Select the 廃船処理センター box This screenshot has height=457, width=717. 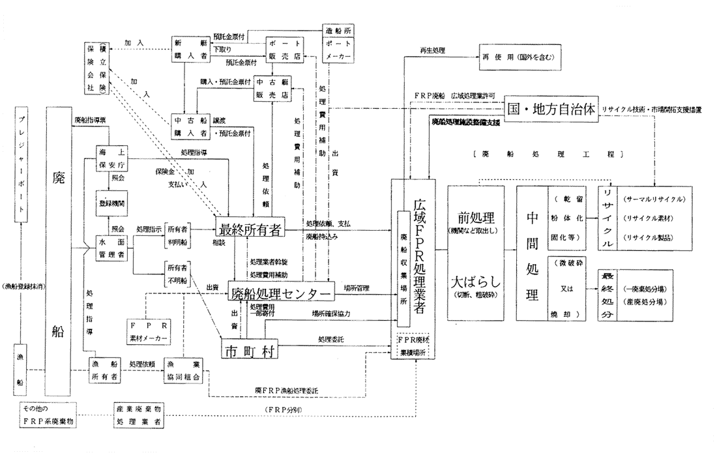coord(280,293)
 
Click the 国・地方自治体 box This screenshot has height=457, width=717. coord(551,108)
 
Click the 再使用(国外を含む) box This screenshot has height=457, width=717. coord(519,56)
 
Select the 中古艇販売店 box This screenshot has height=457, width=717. coord(272,90)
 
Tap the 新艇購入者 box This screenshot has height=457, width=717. coord(186,50)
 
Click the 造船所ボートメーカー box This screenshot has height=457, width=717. coord(338,44)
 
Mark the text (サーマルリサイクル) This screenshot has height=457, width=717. coord(654,198)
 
